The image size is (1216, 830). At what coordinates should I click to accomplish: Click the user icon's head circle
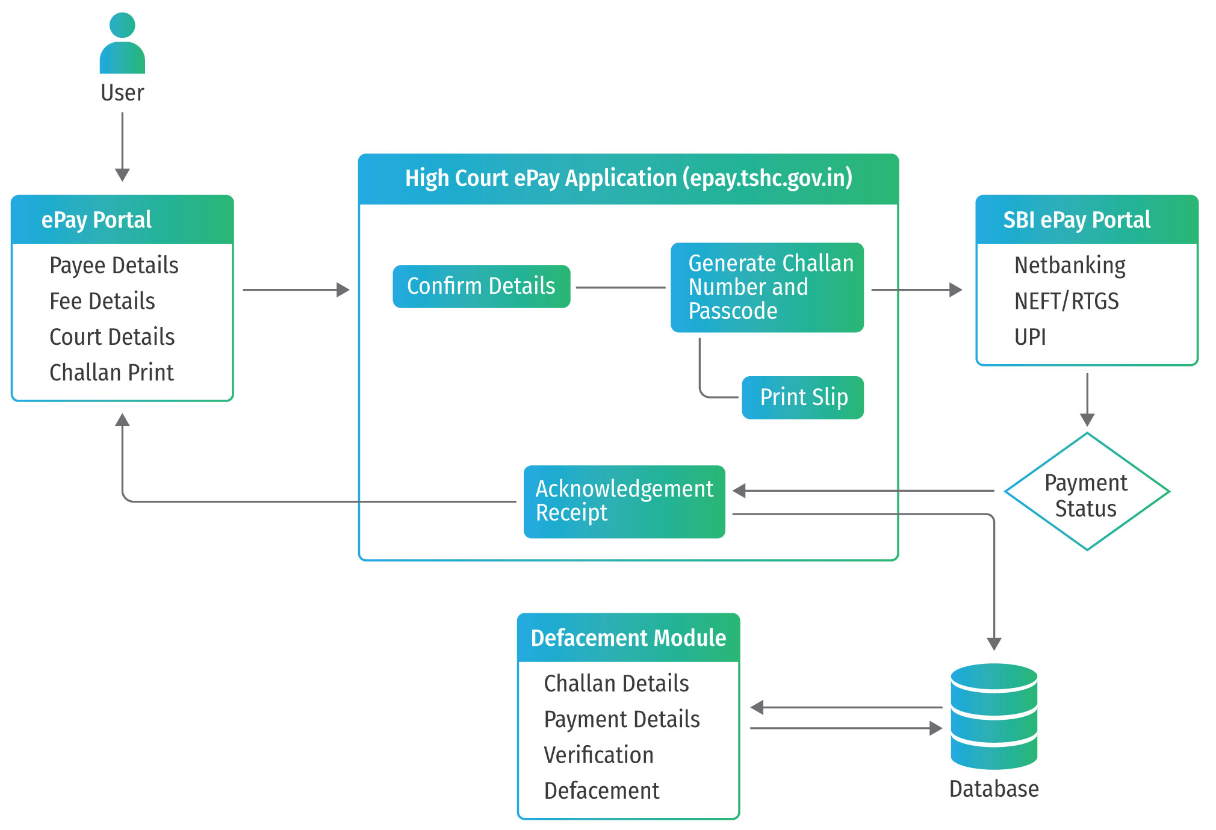click(x=122, y=25)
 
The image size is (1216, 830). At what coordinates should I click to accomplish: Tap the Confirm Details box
click(x=481, y=286)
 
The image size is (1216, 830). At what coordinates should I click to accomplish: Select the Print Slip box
click(x=802, y=397)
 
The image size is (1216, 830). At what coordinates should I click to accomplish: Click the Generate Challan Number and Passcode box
click(x=767, y=288)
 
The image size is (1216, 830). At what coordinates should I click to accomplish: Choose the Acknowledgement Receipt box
click(x=624, y=501)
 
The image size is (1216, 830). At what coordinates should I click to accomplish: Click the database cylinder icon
click(x=994, y=716)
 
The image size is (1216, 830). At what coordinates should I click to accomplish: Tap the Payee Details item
click(x=114, y=265)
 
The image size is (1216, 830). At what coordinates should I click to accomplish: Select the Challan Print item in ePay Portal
click(x=111, y=373)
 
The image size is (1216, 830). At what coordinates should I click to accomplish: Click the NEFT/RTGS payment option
click(x=1066, y=301)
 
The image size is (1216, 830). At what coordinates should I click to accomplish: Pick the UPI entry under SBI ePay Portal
click(x=1030, y=337)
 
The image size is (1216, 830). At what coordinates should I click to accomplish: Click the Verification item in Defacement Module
click(x=598, y=755)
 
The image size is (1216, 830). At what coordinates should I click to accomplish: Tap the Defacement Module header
click(x=628, y=638)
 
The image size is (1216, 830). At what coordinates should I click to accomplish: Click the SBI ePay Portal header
click(x=1076, y=220)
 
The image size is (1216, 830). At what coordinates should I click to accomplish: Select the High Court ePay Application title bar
click(x=628, y=179)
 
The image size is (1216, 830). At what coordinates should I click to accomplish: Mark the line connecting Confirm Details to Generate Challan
click(x=620, y=288)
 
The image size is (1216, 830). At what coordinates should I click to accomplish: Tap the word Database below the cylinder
click(x=994, y=789)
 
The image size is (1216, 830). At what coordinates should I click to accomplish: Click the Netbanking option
click(x=1070, y=265)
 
